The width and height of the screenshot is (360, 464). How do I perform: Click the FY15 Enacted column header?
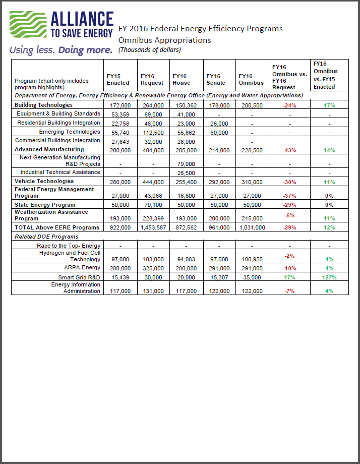tap(117, 79)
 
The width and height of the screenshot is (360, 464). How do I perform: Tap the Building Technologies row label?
tap(43, 105)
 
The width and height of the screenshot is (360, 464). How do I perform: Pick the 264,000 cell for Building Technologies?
tap(152, 105)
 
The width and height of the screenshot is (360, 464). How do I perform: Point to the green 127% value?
tap(330, 277)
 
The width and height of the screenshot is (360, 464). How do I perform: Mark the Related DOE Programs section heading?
tap(46, 236)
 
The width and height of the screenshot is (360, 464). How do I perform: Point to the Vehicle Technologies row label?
tap(44, 181)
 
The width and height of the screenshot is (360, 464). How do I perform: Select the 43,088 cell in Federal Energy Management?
tap(151, 196)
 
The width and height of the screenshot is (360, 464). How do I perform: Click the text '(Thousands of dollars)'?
tap(149, 50)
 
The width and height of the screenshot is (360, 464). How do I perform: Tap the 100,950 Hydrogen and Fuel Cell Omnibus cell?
tap(251, 259)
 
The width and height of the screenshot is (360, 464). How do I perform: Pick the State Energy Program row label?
tap(45, 205)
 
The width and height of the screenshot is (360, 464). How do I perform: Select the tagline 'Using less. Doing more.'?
tap(61, 50)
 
